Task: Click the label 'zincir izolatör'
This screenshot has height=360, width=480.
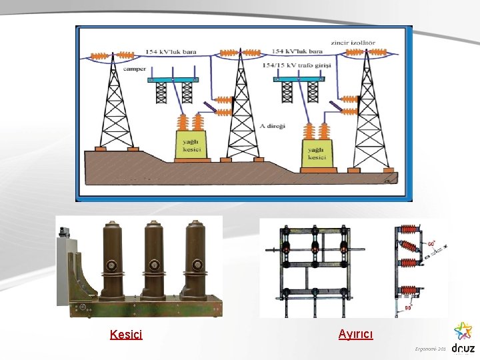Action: pyautogui.click(x=353, y=43)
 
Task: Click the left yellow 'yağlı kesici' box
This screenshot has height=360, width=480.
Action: pyautogui.click(x=190, y=145)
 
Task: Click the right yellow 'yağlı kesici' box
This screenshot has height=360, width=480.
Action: pyautogui.click(x=317, y=153)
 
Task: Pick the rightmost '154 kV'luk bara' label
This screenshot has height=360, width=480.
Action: pyautogui.click(x=297, y=51)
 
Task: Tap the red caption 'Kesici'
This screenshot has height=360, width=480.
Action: pyautogui.click(x=126, y=335)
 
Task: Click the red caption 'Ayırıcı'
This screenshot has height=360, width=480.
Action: pyautogui.click(x=356, y=333)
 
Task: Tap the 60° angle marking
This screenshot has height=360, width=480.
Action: pyautogui.click(x=432, y=244)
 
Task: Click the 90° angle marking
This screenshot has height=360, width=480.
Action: pyautogui.click(x=408, y=307)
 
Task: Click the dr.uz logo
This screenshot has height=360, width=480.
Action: pyautogui.click(x=463, y=339)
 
